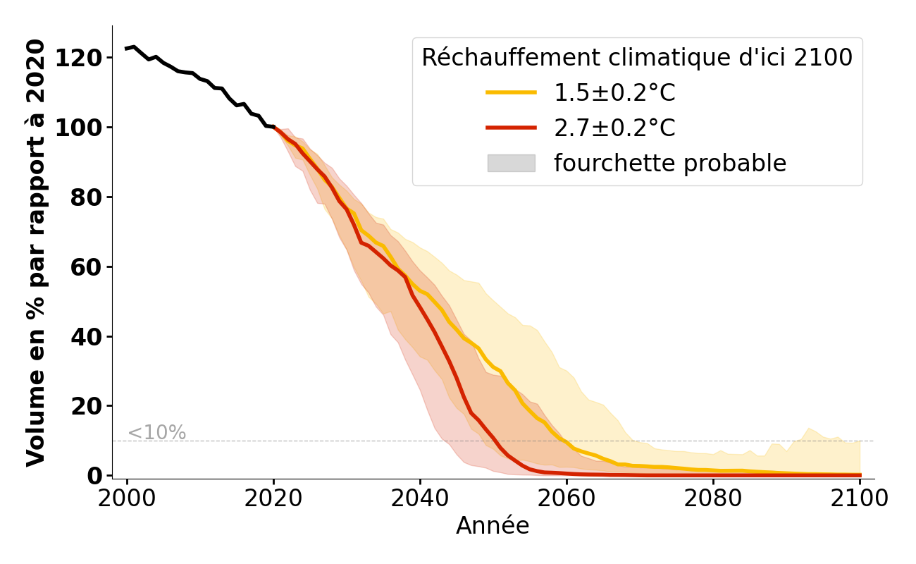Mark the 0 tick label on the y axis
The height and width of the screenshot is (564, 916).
pyautogui.click(x=96, y=476)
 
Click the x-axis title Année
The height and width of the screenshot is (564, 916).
pyautogui.click(x=493, y=526)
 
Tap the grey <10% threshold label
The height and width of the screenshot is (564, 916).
pyautogui.click(x=156, y=433)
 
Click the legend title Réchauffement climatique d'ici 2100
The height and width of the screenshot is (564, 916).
pyautogui.click(x=637, y=58)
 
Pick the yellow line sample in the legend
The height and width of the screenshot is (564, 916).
pyautogui.click(x=511, y=92)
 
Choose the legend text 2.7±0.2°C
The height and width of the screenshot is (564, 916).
pyautogui.click(x=614, y=128)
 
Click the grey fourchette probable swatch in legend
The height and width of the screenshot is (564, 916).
pyautogui.click(x=511, y=163)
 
